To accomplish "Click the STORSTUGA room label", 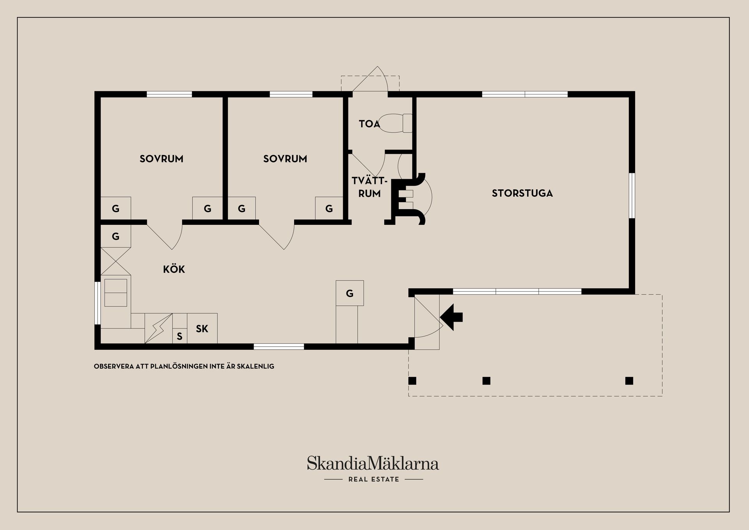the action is coord(522,193).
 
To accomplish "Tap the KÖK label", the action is coord(174,269).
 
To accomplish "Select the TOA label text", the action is coord(369,124).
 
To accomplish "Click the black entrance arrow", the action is coord(451,317).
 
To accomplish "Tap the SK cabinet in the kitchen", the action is coord(202,329).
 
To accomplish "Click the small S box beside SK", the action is coord(180,336).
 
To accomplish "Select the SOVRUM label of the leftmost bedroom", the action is coord(162,159).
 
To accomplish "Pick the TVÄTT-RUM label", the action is coord(369,187).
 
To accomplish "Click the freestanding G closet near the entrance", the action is coord(350,293).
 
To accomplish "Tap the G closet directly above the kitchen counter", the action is coord(115,236).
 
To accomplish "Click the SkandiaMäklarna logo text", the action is coord(373,463).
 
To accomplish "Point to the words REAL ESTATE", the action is coord(374,479).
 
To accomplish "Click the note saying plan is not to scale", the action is coord(184,366).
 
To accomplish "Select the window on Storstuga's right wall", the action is coord(632,196).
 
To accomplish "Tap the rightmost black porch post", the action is coord(629,381).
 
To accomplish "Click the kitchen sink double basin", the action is coord(115,293).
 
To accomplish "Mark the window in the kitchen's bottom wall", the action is coord(279,346).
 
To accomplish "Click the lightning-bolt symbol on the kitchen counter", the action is coord(158,329).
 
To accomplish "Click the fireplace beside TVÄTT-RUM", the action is coord(408,199).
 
